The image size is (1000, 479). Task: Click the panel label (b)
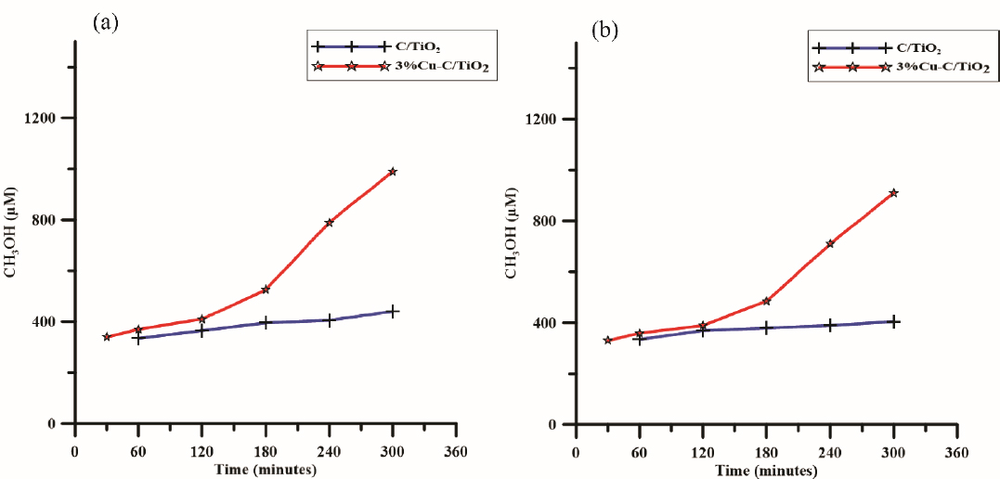click(x=604, y=31)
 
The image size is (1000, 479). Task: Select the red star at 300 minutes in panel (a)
click(x=393, y=172)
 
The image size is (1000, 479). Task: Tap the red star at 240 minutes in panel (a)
click(x=329, y=223)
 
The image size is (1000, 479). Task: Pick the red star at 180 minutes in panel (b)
click(x=767, y=302)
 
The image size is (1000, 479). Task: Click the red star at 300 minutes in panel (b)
click(x=893, y=193)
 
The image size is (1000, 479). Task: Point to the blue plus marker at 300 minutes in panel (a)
click(x=393, y=312)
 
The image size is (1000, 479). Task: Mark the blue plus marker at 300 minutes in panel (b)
click(x=893, y=321)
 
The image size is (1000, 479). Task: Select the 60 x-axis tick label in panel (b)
click(x=639, y=455)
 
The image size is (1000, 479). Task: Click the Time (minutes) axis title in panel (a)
click(x=266, y=470)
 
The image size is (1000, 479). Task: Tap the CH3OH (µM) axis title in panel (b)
click(x=511, y=238)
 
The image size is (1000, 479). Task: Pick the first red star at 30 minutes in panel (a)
click(x=107, y=337)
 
